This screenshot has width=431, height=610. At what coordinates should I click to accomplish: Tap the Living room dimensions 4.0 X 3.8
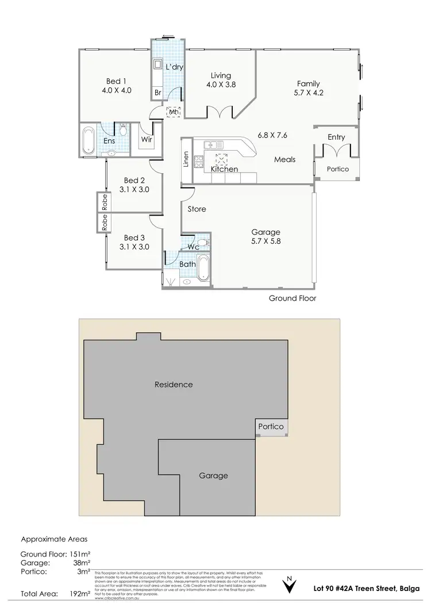(x=221, y=85)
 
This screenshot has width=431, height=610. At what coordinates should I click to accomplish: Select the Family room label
(x=308, y=83)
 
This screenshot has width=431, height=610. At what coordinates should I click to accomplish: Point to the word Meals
(x=285, y=159)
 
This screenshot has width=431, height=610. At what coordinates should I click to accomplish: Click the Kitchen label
(x=224, y=170)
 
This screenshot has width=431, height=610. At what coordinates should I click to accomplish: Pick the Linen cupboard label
(x=186, y=159)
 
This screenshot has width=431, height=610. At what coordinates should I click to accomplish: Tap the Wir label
(x=146, y=139)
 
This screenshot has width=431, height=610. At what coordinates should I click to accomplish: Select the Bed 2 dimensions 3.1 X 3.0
(x=134, y=189)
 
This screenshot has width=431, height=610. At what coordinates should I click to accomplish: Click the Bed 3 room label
(x=134, y=237)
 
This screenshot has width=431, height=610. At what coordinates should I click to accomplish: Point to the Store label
(x=197, y=209)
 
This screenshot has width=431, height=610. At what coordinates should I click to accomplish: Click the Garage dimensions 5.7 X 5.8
(x=265, y=242)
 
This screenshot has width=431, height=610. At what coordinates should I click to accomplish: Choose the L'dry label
(x=174, y=67)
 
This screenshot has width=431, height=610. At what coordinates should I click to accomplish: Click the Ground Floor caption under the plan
(x=293, y=298)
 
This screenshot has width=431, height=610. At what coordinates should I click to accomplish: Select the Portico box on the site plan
(x=271, y=427)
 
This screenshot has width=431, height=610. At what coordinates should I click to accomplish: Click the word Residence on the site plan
(x=174, y=384)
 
